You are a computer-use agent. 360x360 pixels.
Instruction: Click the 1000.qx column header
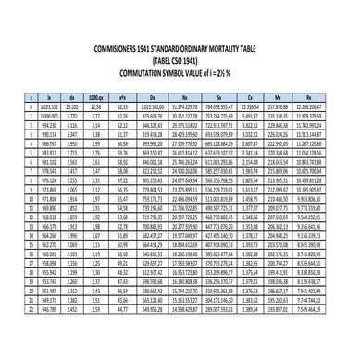[94, 96]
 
